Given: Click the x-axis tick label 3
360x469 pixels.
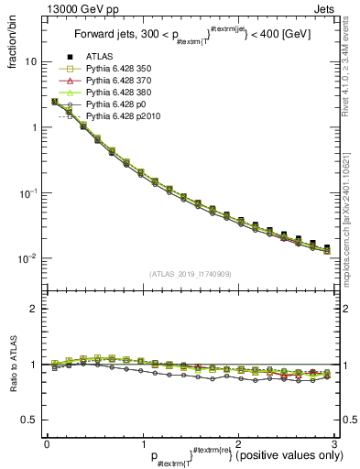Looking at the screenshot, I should (333, 443).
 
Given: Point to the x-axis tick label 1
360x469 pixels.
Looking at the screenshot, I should (142, 443).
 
